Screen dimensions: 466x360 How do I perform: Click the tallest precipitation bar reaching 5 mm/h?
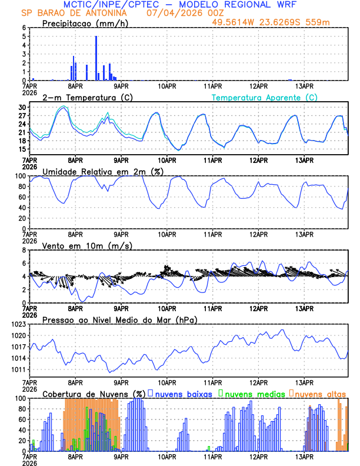tap(96, 58)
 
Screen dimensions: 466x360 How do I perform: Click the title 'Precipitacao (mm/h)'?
tap(85, 24)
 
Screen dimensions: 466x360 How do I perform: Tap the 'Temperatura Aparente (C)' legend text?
tap(265, 97)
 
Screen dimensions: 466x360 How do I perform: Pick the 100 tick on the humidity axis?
tap(21, 176)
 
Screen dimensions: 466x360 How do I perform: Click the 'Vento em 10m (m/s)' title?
tap(87, 245)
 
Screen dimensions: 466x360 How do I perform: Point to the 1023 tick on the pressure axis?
tap(19, 324)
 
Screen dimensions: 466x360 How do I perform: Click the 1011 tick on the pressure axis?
tap(19, 370)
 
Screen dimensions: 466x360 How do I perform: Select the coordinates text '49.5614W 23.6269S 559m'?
tap(279, 22)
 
